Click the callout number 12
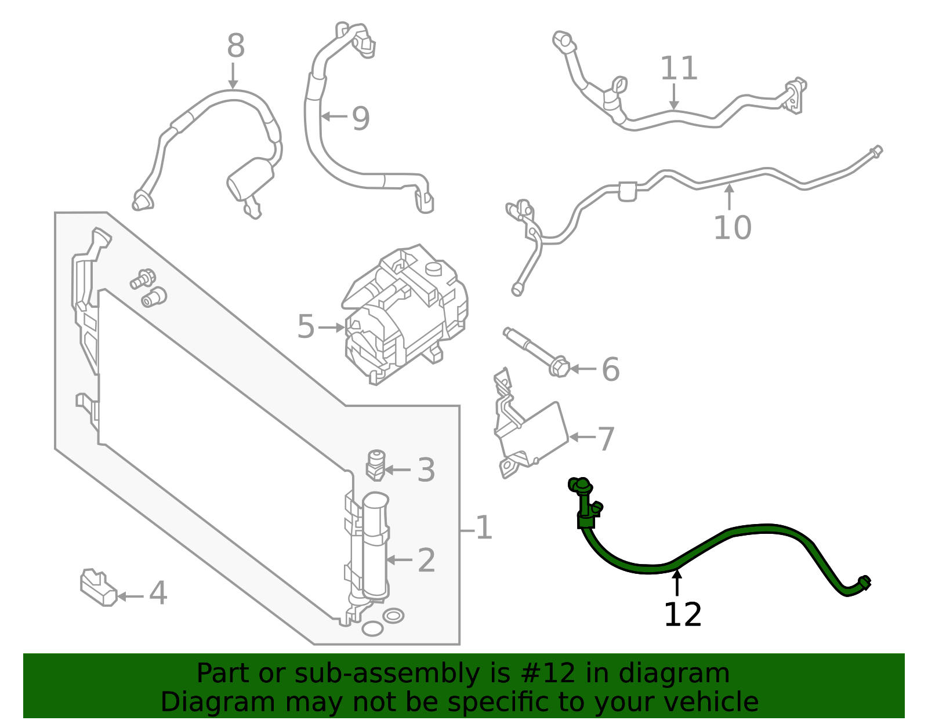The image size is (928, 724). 682,615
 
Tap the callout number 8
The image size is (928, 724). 235,46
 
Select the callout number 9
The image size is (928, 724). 360,119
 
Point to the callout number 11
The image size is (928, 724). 679,69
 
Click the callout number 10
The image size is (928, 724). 732,228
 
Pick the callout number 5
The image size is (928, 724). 306,327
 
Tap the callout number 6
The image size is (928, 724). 610,369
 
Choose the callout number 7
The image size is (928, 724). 606,439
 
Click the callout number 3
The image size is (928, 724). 426,470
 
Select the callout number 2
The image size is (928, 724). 426,561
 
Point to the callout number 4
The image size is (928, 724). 158,594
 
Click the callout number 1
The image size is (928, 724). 484,528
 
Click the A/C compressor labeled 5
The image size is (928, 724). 406,316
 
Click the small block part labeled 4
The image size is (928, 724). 97,588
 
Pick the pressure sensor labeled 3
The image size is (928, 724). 376,465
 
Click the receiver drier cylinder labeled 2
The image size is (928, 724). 375,545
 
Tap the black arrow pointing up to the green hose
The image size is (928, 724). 677,582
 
